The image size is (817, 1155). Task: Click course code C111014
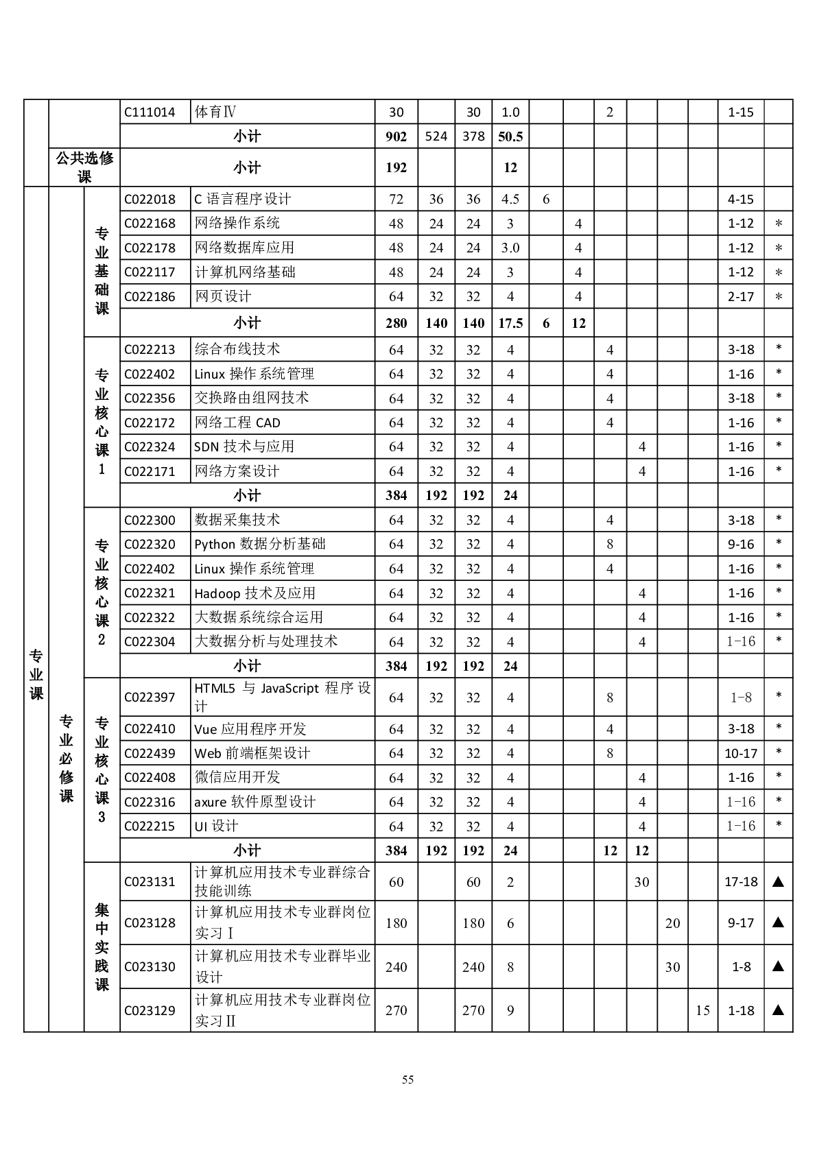[150, 112]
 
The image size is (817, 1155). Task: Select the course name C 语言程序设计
[242, 199]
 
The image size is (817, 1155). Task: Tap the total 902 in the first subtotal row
[396, 136]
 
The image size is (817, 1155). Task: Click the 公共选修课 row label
[84, 167]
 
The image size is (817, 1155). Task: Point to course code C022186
[150, 296]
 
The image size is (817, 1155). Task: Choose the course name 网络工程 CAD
[237, 422]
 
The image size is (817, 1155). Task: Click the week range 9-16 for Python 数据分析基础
[741, 545]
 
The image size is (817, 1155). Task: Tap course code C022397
[150, 698]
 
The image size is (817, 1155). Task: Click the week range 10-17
[741, 753]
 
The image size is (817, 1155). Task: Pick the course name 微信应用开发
[237, 777]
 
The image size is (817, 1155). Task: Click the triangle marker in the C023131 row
[778, 882]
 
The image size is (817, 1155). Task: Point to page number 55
[408, 1080]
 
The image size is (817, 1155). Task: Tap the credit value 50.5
[510, 136]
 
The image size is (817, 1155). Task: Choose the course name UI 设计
[216, 826]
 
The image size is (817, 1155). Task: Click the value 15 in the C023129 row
[702, 1010]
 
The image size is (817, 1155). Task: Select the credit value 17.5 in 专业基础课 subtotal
[510, 323]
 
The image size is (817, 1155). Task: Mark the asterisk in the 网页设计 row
[778, 297]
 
